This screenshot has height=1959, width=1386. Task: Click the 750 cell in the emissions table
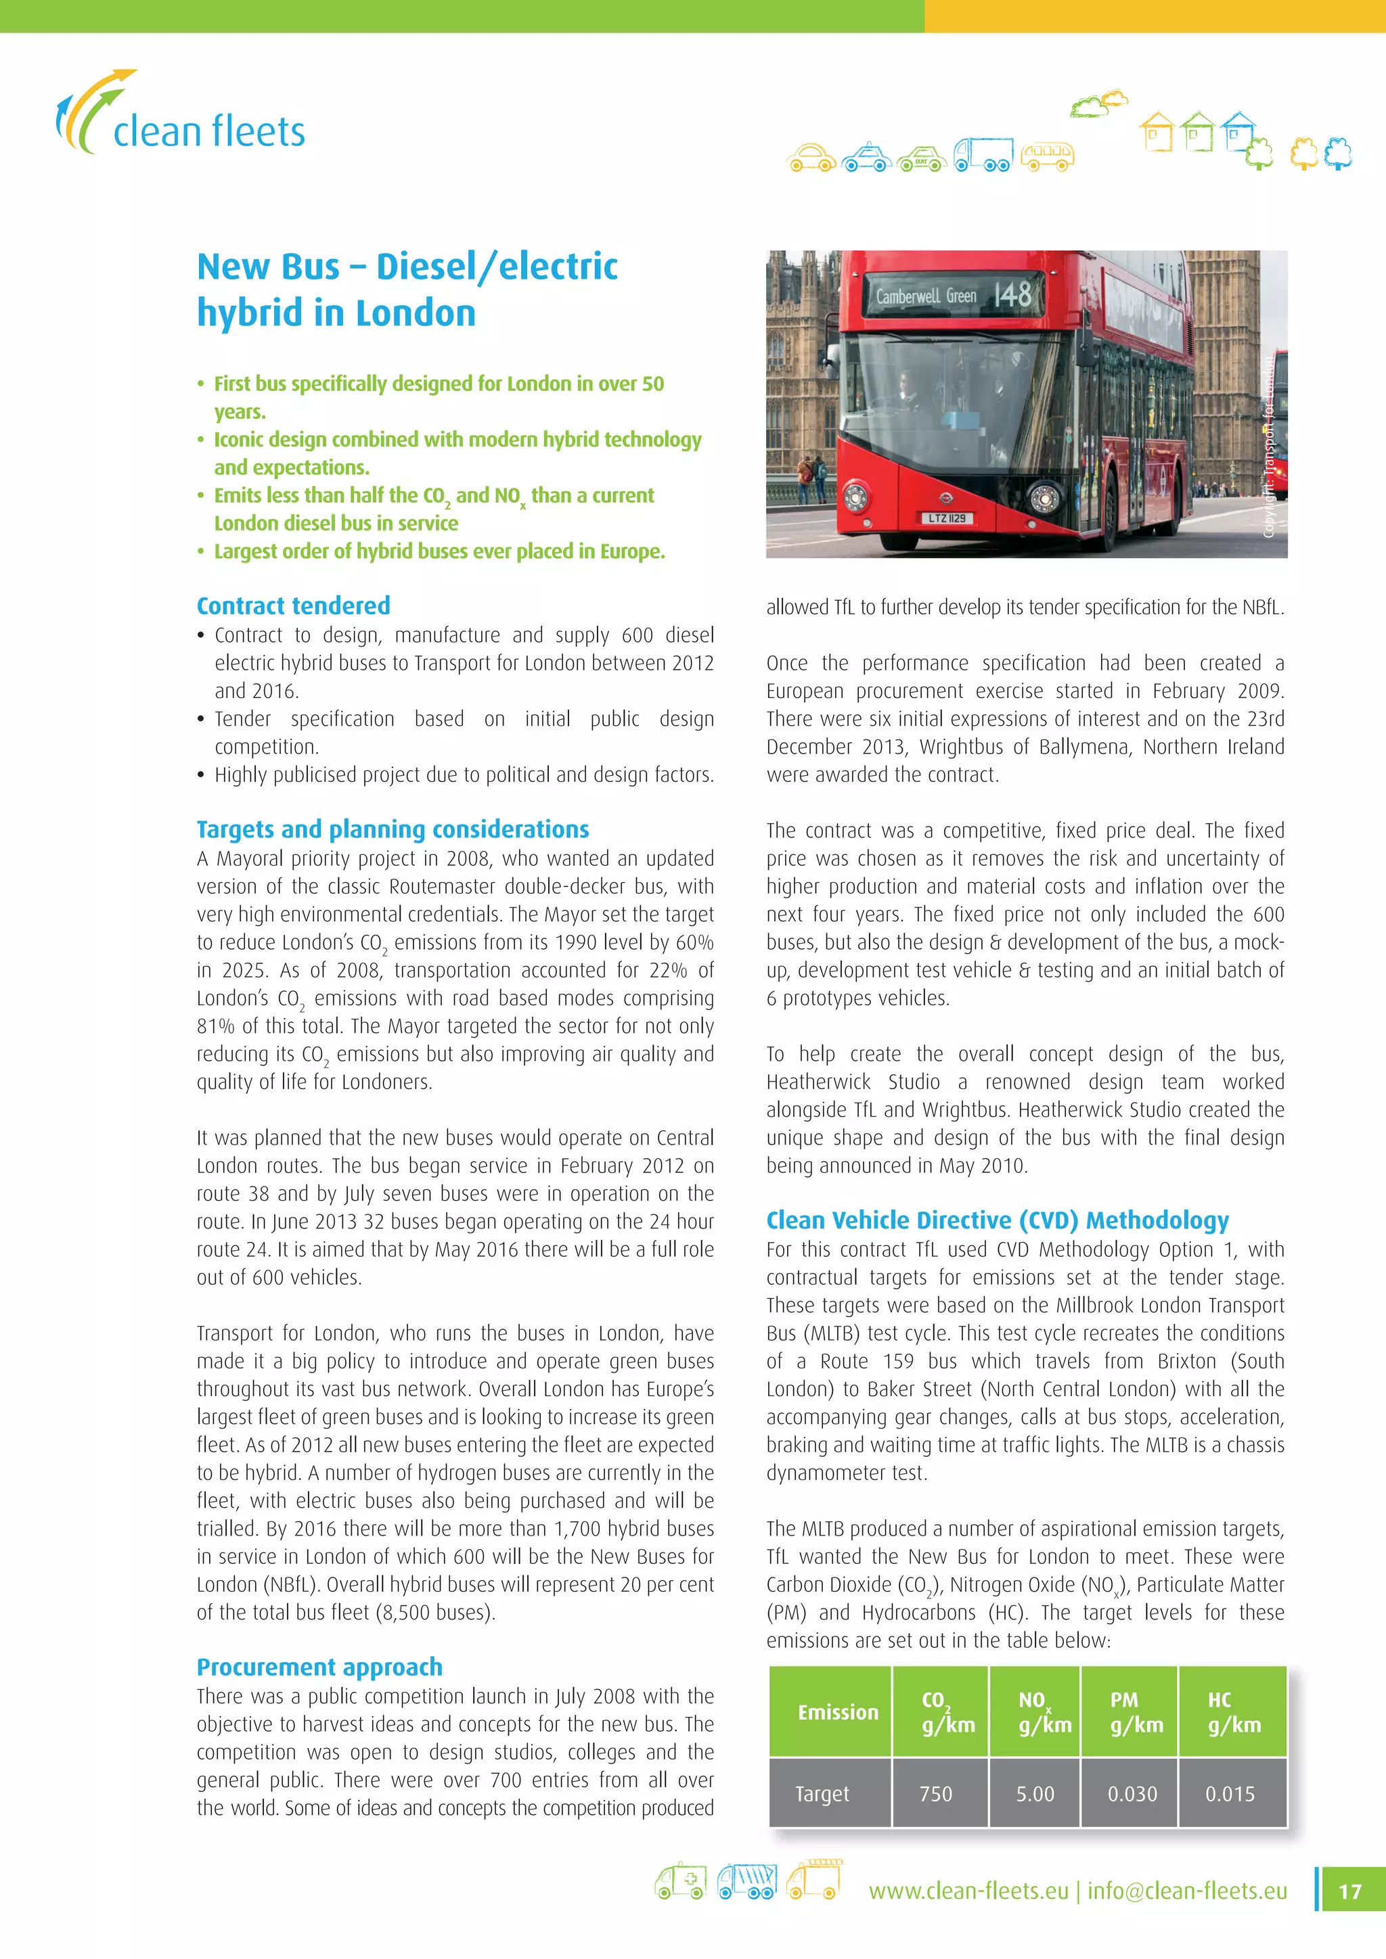[x=936, y=1793]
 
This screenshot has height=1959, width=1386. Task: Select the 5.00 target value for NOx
[x=1034, y=1793]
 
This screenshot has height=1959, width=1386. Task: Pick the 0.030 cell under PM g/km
[x=1132, y=1793]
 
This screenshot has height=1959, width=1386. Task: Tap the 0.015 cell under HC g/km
[x=1230, y=1793]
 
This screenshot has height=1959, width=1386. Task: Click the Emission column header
[x=837, y=1712]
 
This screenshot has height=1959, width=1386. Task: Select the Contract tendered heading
[x=293, y=606]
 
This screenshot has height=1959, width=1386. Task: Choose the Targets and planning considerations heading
[x=393, y=829]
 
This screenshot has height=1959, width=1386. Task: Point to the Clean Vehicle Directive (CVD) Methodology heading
[x=997, y=1220]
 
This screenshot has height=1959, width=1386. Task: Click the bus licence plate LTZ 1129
[x=947, y=518]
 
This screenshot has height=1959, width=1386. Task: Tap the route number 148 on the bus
[x=1013, y=295]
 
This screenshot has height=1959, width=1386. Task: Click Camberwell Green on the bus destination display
[x=926, y=296]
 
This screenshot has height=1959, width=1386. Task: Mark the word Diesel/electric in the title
[x=497, y=267]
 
